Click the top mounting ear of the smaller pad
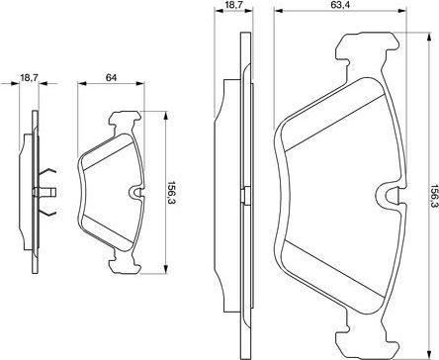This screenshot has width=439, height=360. [124, 123]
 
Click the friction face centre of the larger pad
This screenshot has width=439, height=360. [331, 188]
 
